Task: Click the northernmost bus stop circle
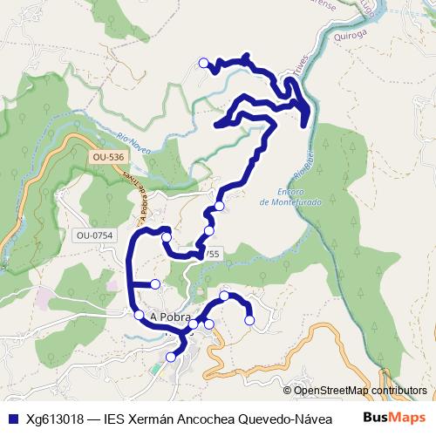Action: pos(204,63)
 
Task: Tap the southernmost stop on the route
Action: pos(172,355)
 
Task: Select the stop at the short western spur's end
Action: pos(155,283)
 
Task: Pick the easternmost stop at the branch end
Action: pos(249,321)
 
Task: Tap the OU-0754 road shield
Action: pos(94,235)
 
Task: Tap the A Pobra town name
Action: pos(169,317)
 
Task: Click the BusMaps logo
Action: pos(393,417)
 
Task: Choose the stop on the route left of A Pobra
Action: pos(139,315)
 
